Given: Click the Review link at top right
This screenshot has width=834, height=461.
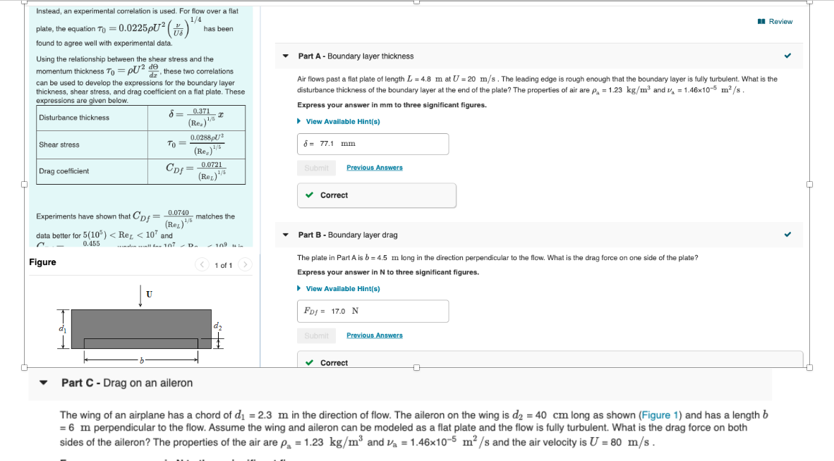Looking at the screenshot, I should coord(776,22).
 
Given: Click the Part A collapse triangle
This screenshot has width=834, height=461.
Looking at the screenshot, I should coord(285,56).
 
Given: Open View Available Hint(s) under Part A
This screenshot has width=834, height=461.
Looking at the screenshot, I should coord(342,121).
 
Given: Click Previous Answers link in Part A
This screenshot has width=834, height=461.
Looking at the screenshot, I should coord(374,168).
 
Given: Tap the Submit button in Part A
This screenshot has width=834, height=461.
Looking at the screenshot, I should coord(316,168).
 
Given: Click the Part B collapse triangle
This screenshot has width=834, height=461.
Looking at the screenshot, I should coord(285,235).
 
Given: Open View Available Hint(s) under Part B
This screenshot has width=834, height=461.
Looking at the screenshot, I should coord(342,288).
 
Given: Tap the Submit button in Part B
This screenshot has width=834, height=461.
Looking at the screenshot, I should coord(316,336).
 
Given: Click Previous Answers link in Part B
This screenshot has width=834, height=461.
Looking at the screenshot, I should coord(374,336).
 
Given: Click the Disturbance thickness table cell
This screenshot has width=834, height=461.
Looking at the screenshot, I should coord(92,118).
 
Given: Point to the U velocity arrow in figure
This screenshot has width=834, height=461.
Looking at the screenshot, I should coord(140,295).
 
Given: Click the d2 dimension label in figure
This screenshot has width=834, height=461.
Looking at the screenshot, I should coord(217,326).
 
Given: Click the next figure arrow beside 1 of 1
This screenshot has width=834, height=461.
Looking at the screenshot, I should coord(245,265).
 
